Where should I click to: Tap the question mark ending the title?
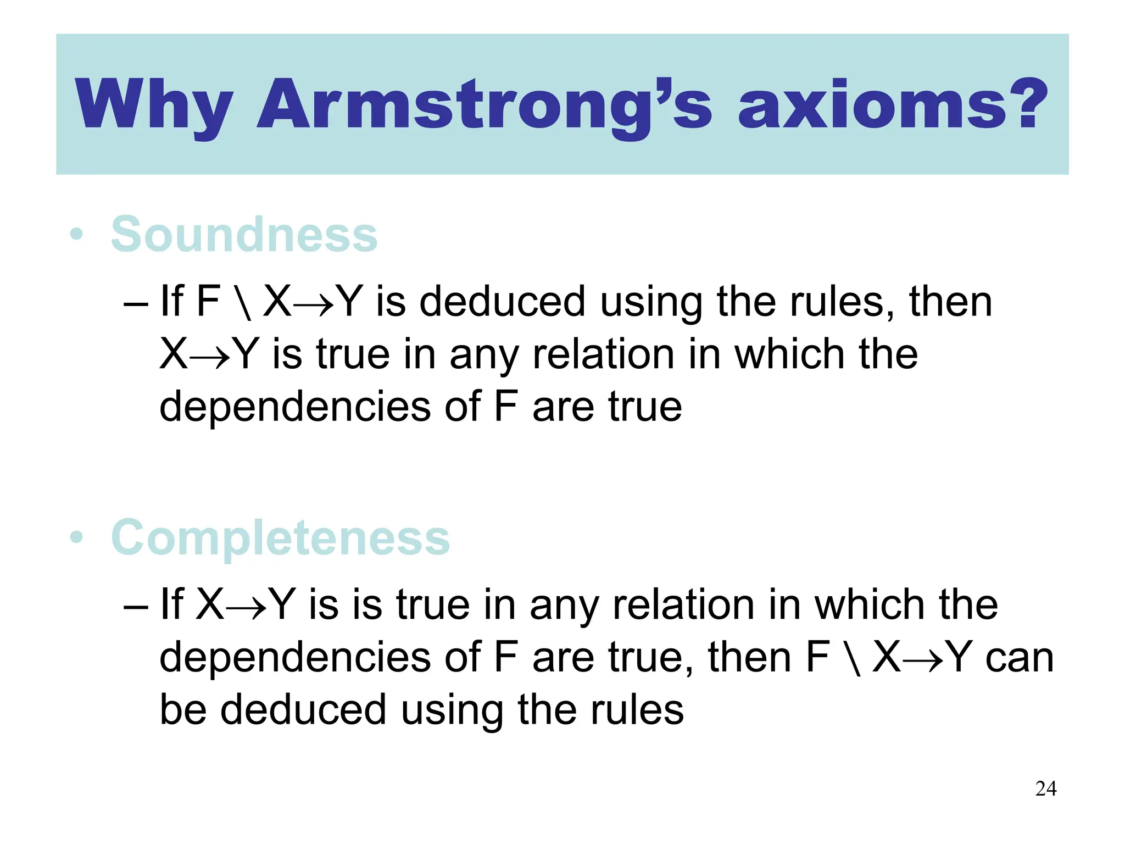pos(1024,104)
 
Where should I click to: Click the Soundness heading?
pos(244,235)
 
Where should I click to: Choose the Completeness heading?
pos(280,538)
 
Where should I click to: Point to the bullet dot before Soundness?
pos(77,235)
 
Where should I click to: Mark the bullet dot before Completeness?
pos(77,538)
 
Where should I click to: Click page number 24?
pos(1045,789)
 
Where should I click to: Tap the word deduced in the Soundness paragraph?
pos(502,302)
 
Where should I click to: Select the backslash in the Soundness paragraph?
pos(245,302)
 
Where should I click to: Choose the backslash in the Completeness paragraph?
pos(854,658)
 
